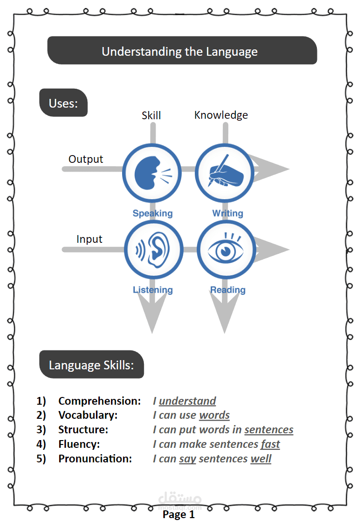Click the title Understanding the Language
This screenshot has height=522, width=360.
pos(180,51)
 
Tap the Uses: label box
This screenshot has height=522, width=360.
pos(63,103)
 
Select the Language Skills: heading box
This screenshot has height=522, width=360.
pos(92,364)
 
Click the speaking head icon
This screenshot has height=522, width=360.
pos(152,174)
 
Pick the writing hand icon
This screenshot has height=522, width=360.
pos(224,174)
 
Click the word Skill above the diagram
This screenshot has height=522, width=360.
pos(151,115)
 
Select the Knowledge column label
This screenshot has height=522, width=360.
pos(221,115)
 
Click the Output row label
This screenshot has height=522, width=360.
pos(86,159)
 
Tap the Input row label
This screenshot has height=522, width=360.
pos(90,239)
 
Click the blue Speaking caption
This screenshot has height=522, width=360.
pos(153,213)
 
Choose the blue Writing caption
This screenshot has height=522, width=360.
pos(228,213)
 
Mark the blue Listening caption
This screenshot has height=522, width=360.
pos(153,290)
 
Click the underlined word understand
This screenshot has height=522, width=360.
pos(188,401)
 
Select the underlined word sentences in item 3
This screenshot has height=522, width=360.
pos(269,429)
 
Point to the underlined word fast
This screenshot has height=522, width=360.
pos(270,444)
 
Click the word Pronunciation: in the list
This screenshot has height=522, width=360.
pos(95,459)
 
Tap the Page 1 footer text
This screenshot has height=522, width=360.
pos(179,514)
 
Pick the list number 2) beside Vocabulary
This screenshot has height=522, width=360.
pos(41,415)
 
